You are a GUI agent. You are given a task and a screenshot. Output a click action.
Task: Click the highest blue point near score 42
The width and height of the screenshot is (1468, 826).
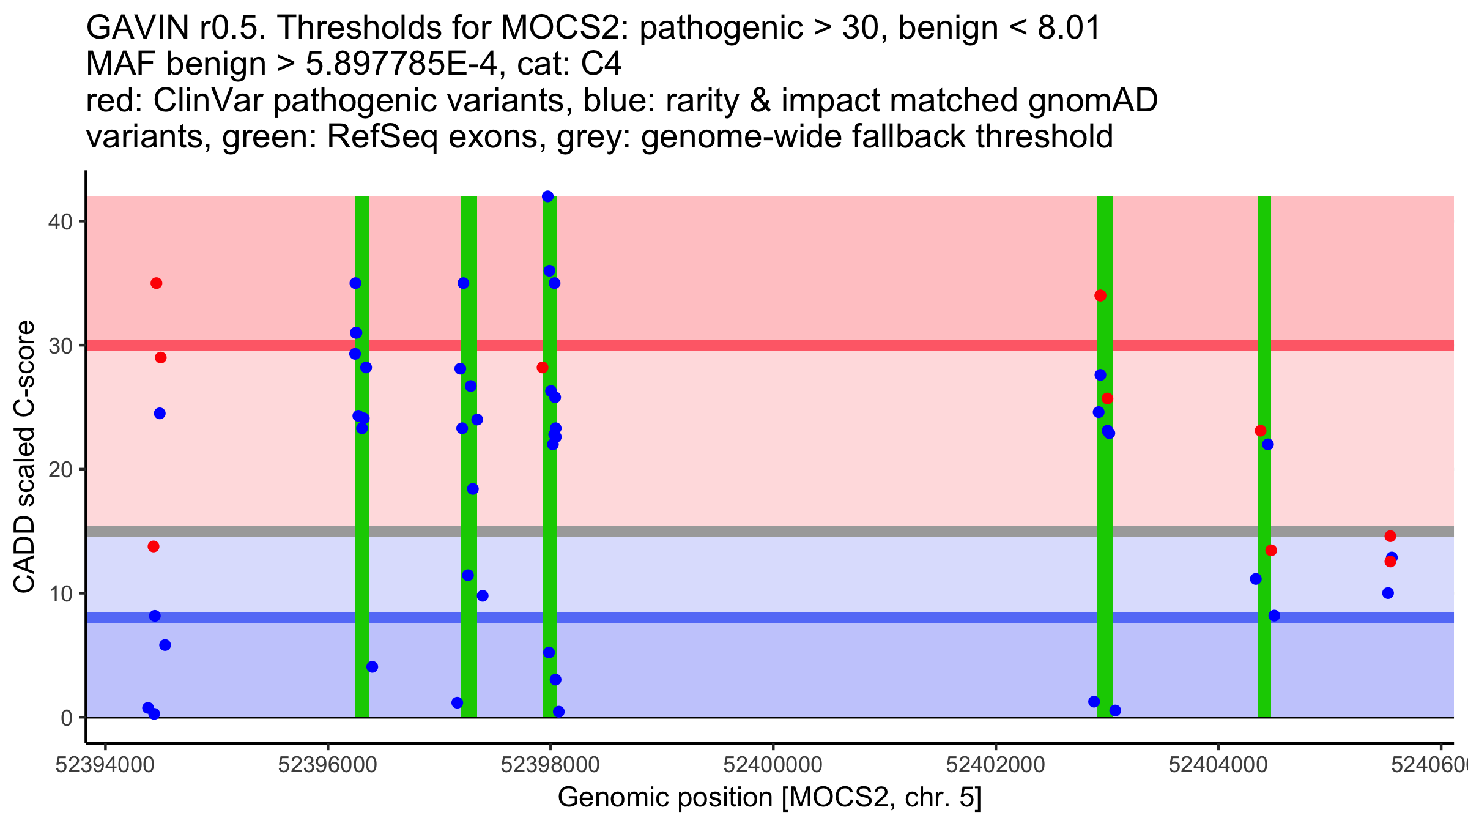click(547, 196)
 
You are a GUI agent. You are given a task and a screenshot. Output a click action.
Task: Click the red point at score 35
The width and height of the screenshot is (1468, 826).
click(156, 283)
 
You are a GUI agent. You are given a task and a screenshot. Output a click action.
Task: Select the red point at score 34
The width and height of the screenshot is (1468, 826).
click(1100, 296)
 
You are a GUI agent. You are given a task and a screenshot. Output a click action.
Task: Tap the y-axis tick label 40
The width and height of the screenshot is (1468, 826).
click(59, 221)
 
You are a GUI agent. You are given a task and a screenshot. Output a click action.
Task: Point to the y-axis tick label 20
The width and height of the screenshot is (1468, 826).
click(59, 469)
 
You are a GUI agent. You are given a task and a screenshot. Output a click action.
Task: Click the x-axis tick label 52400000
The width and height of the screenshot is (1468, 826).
click(773, 765)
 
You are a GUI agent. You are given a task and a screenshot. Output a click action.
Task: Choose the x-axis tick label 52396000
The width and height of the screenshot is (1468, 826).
click(327, 765)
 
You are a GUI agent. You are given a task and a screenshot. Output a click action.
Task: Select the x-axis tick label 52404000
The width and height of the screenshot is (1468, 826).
click(1218, 765)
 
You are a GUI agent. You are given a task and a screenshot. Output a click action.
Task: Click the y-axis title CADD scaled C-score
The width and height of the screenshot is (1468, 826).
click(24, 457)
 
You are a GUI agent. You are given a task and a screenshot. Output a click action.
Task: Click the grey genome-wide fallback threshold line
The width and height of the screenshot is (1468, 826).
click(795, 531)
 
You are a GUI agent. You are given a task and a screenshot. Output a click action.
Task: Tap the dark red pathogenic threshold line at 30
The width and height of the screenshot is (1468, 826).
click(795, 345)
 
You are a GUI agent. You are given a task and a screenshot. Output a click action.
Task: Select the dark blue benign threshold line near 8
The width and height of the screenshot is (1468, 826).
click(795, 618)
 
